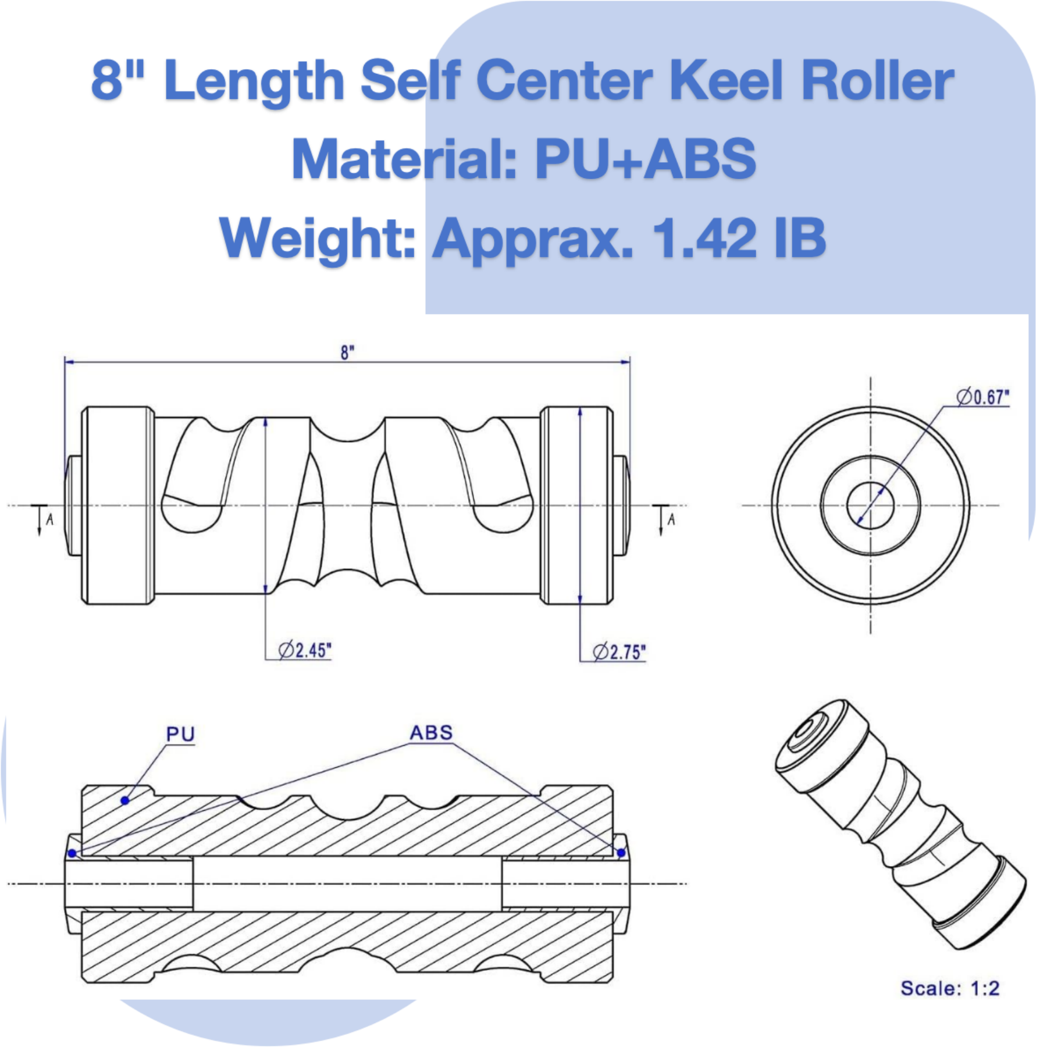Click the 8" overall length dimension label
click(347, 352)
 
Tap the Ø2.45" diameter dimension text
click(305, 650)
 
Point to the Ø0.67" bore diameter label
click(983, 397)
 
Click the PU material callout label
click(180, 734)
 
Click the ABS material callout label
click(431, 732)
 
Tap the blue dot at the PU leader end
click(124, 800)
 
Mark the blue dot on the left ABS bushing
click(72, 853)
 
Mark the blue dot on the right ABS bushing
click(621, 853)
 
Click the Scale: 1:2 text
click(950, 988)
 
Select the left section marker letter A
click(50, 519)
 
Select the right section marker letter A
click(671, 519)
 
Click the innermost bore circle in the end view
click(870, 505)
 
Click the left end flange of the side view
click(117, 505)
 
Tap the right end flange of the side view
click(576, 505)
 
